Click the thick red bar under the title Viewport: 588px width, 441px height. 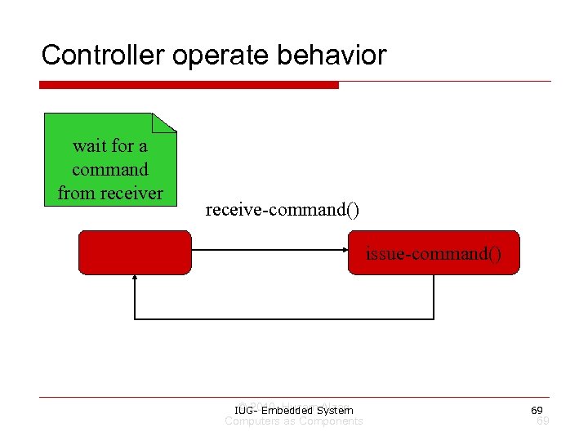pyautogui.click(x=189, y=85)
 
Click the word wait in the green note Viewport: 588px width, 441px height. pyautogui.click(x=90, y=146)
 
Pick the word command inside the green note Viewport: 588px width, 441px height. pyautogui.click(x=110, y=170)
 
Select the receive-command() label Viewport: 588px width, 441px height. pyautogui.click(x=282, y=210)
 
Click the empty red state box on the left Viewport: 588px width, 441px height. pyautogui.click(x=135, y=252)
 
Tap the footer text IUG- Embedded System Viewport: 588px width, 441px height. pyautogui.click(x=293, y=410)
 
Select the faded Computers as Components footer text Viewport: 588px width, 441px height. pyautogui.click(x=293, y=421)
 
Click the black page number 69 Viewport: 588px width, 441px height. pyautogui.click(x=537, y=410)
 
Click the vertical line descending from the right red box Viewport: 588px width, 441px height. pyautogui.click(x=434, y=296)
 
